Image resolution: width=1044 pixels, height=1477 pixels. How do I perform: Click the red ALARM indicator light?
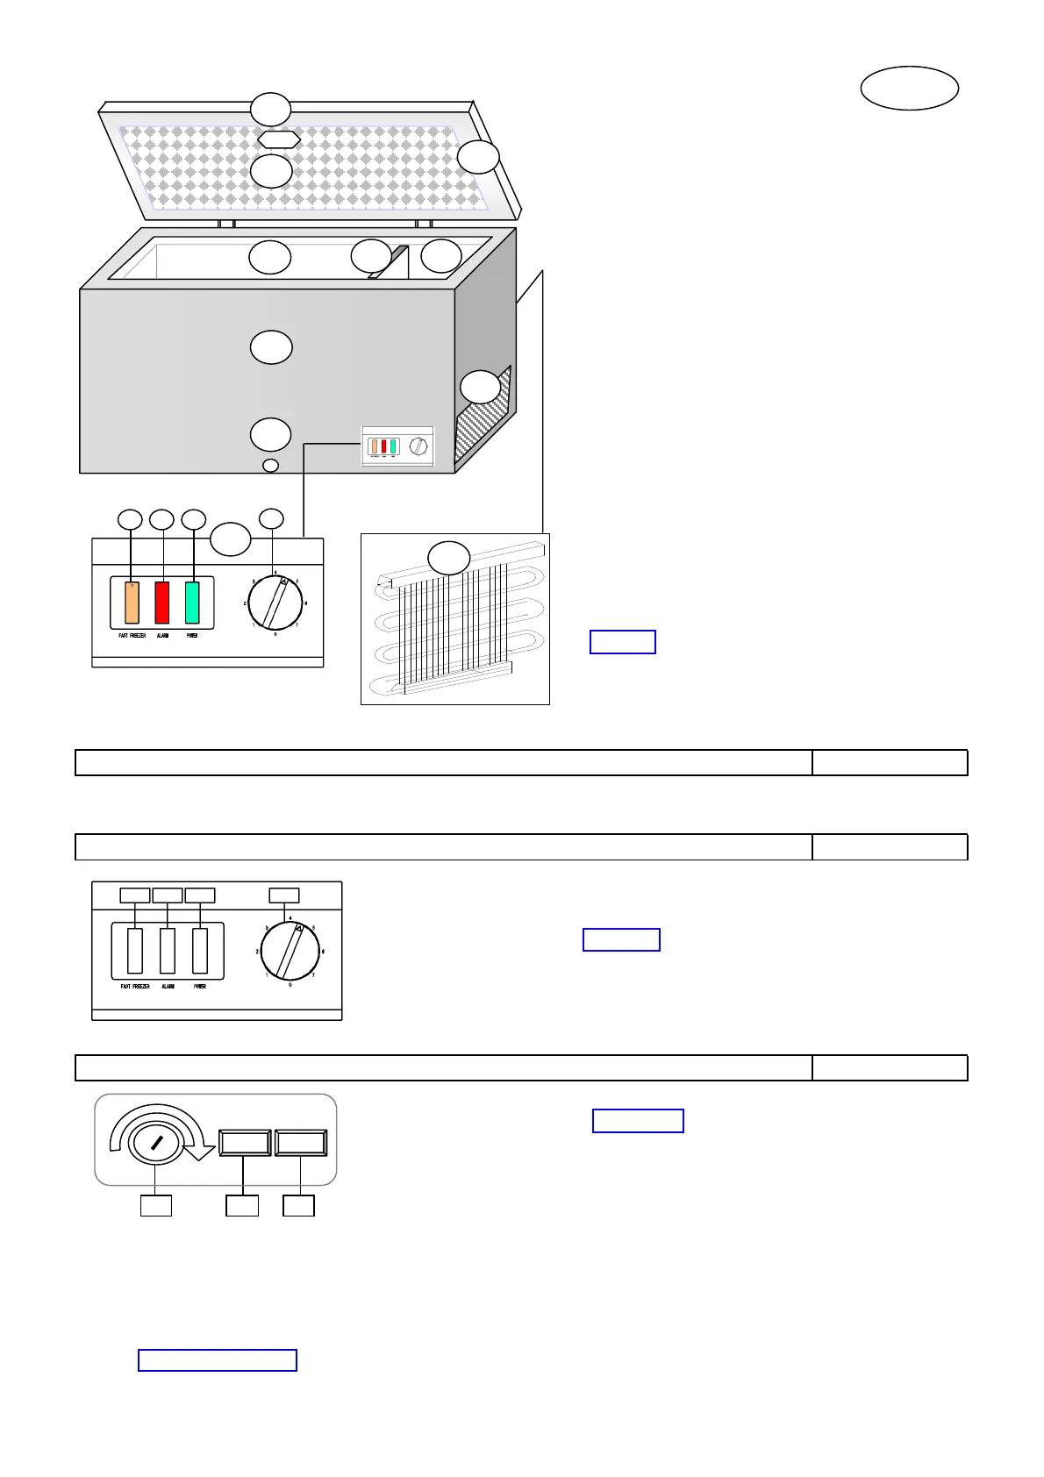pos(162,603)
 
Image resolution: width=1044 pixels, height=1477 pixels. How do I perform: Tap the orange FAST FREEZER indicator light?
pos(132,603)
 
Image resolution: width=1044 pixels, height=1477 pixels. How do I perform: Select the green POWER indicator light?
pos(192,603)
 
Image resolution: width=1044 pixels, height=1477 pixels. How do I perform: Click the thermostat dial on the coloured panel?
pos(275,603)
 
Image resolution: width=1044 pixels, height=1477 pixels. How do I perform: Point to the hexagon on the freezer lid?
pos(279,139)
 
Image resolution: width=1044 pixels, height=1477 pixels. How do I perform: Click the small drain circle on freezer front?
pos(271,466)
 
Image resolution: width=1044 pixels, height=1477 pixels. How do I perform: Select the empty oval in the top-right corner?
pos(909,88)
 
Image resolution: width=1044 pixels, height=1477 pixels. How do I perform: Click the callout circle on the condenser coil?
pos(448,558)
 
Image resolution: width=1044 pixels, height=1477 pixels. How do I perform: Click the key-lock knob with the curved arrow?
pos(154,1143)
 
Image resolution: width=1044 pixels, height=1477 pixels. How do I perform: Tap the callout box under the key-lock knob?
pos(156,1205)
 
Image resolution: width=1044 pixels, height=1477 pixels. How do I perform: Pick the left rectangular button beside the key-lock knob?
pos(245,1143)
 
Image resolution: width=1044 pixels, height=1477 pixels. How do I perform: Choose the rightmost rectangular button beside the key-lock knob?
pos(301,1143)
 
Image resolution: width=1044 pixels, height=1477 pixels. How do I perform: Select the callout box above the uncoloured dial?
pos(283,895)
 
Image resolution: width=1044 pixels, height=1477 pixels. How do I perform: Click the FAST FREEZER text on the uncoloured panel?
pos(135,987)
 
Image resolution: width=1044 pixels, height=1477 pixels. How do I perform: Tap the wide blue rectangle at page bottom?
pos(218,1360)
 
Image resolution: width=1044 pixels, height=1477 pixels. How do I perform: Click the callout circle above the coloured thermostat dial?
pos(272,518)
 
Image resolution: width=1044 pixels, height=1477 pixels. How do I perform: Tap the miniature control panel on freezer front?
pos(398,446)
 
